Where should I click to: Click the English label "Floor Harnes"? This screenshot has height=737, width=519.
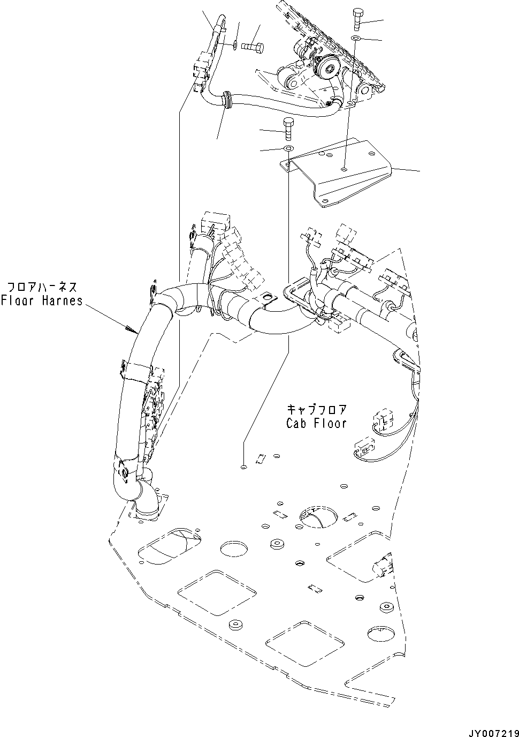pos(42,300)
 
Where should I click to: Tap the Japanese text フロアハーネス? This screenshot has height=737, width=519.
pos(42,287)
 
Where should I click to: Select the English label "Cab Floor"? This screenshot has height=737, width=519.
pos(316,423)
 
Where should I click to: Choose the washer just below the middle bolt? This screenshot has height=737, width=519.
pos(288,148)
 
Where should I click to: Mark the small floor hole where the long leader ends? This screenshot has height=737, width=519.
pos(243,467)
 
